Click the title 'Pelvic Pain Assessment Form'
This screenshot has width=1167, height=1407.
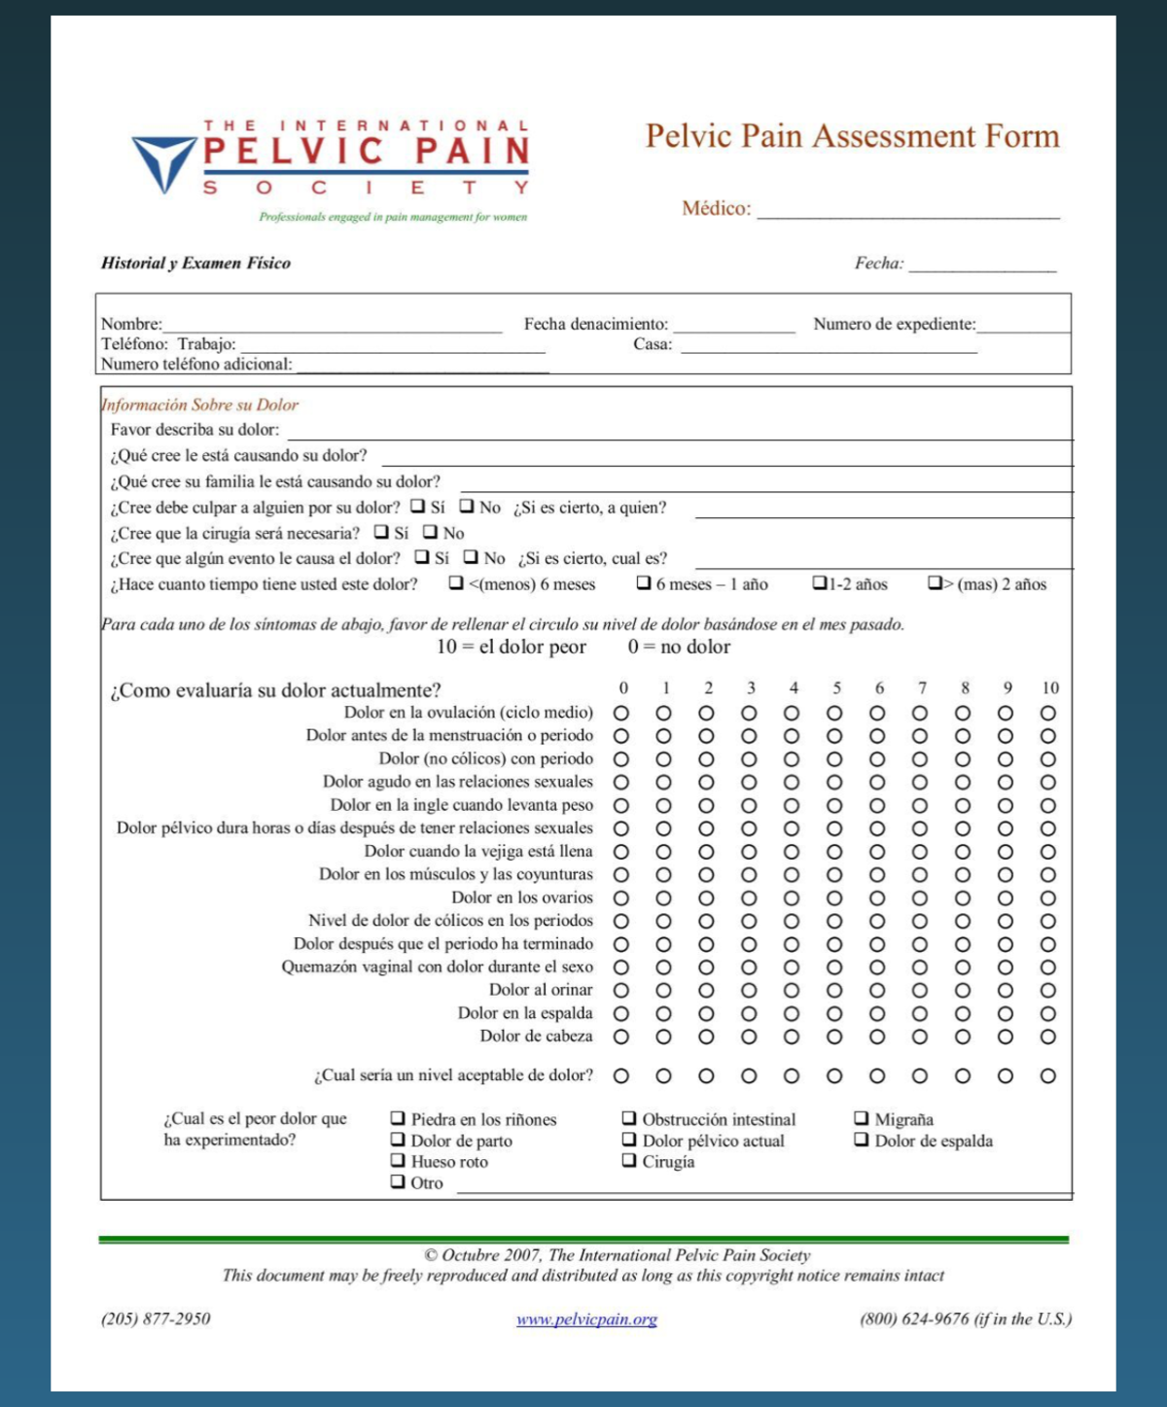[x=852, y=136]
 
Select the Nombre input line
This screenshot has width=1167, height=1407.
[x=331, y=326]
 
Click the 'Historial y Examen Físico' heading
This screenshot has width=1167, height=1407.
[x=195, y=263]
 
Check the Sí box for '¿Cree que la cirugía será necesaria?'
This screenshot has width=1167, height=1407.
[x=381, y=532]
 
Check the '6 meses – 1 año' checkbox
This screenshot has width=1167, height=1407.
[x=644, y=583]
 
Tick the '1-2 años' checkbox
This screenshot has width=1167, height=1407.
[x=820, y=583]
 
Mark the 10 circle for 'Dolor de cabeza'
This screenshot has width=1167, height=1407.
[x=1047, y=1037]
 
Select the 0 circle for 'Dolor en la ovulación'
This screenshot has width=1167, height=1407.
[x=621, y=713]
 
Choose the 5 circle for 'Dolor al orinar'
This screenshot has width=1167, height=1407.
[x=834, y=990]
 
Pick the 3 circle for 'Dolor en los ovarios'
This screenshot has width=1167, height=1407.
[x=749, y=897]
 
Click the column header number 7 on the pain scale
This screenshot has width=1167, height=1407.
[x=921, y=687]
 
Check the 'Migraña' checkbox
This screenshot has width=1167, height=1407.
[x=862, y=1118]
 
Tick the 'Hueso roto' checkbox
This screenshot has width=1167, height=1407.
[x=398, y=1160]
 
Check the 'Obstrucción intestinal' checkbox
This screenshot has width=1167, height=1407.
[x=629, y=1118]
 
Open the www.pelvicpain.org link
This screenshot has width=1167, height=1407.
[x=586, y=1319]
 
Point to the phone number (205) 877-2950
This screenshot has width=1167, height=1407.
[x=156, y=1319]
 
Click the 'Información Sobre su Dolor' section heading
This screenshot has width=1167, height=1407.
[x=200, y=405]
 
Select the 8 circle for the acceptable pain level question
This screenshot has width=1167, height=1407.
[x=963, y=1075]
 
